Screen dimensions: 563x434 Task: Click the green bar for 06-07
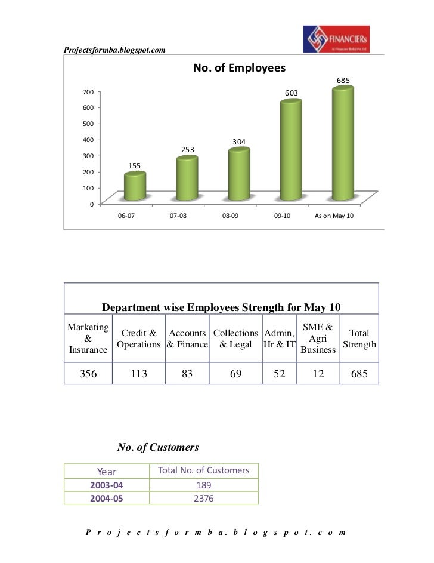point(134,186)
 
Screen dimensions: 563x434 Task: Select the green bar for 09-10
point(291,149)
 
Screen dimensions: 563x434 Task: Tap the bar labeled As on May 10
point(343,143)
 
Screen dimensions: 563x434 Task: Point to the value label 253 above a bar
point(188,149)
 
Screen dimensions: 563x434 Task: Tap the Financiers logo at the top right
point(336,39)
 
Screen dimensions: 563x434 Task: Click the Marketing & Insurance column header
point(88,339)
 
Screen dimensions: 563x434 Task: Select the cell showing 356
point(88,374)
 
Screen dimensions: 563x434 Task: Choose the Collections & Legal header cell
point(236,339)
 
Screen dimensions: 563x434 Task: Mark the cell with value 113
point(139,374)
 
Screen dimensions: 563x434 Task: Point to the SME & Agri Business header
point(318,339)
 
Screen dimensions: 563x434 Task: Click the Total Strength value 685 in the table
point(359,374)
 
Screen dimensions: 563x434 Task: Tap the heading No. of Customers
point(158,447)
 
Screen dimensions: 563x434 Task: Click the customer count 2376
point(204,499)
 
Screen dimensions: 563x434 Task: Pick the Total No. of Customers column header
point(204,470)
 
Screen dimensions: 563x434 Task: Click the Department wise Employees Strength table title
point(221,307)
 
